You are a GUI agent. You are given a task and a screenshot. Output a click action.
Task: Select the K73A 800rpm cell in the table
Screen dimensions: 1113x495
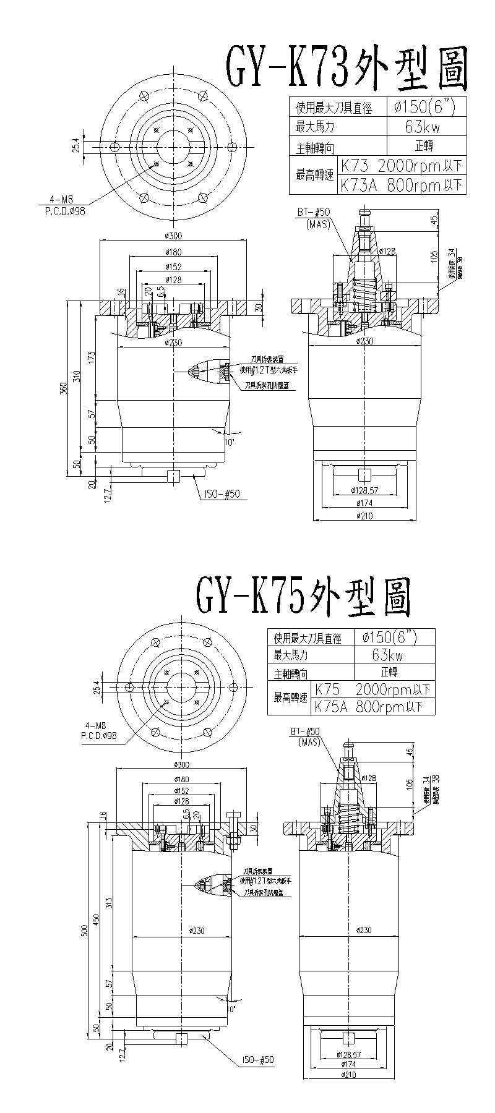click(x=401, y=184)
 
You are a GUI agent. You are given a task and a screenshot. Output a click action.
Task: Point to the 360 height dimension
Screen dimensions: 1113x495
click(x=62, y=389)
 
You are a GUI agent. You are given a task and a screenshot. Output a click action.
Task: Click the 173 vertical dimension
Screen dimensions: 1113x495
click(x=92, y=357)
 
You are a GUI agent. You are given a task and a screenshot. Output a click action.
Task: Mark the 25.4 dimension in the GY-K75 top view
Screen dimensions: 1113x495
click(x=95, y=687)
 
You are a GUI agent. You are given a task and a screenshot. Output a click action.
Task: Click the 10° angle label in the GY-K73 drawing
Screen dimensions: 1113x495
click(x=230, y=443)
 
